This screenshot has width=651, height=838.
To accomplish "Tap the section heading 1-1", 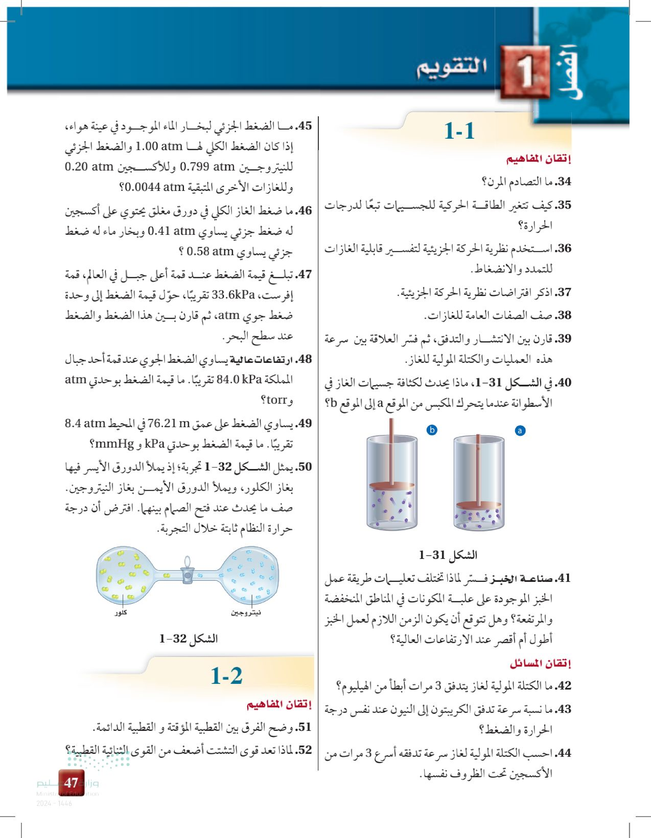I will click(x=459, y=131).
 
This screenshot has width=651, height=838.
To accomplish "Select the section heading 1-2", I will click(x=227, y=676).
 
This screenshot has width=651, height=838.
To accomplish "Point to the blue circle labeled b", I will click(x=432, y=430).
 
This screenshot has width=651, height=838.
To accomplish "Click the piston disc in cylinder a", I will click(x=478, y=505).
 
